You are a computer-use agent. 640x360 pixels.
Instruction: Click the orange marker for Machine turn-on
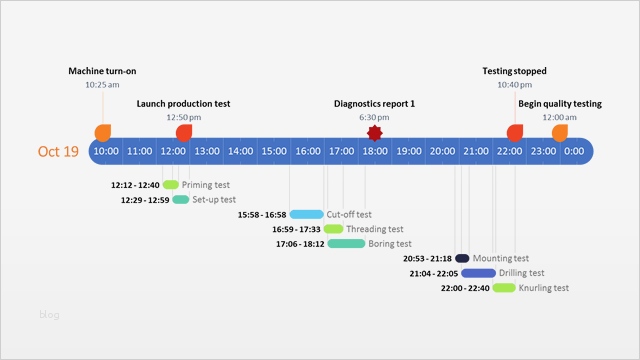pos(103,133)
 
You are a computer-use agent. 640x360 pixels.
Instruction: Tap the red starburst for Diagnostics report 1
pos(375,133)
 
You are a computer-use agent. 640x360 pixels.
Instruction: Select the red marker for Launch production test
pos(184,133)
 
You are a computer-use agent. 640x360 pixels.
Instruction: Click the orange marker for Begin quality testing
pos(560,133)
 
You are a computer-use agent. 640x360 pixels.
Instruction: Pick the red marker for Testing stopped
pos(515,133)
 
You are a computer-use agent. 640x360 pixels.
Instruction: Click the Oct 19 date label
pos(58,152)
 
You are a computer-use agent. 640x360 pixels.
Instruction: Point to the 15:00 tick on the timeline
pos(274,152)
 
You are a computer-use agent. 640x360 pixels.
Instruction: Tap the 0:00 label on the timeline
pos(574,152)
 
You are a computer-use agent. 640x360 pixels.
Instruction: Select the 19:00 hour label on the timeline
pos(408,152)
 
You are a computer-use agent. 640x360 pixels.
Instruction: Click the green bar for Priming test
pos(171,185)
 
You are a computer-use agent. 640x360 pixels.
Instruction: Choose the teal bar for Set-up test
pos(181,200)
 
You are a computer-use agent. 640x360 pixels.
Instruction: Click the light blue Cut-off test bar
pos(307,214)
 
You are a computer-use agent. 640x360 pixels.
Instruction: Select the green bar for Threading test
pos(333,229)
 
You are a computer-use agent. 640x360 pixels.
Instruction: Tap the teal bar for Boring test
pos(346,243)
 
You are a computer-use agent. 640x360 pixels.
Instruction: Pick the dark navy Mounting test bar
pos(462,258)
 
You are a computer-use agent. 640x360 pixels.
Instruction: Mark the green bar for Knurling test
pos(504,288)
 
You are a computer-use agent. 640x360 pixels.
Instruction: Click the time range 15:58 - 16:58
pos(262,214)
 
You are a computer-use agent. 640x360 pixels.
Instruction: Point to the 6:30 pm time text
pos(375,117)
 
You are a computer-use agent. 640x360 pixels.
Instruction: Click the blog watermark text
pos(50,315)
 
